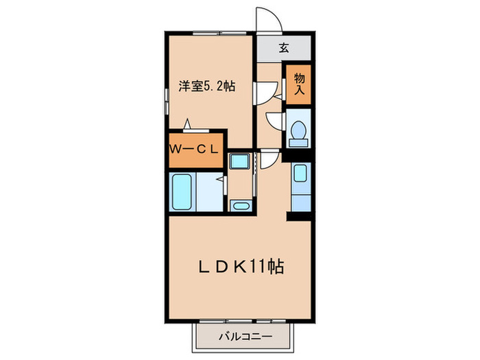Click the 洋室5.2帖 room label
pos(208,87)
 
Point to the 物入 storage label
pos(299,84)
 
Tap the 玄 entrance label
pos(283,48)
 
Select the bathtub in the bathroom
pos(182,193)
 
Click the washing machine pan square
pos(240,163)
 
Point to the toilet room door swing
pos(274,121)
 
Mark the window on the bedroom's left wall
pos(166,93)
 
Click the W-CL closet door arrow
pos(187,124)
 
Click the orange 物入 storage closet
pos(299,84)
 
